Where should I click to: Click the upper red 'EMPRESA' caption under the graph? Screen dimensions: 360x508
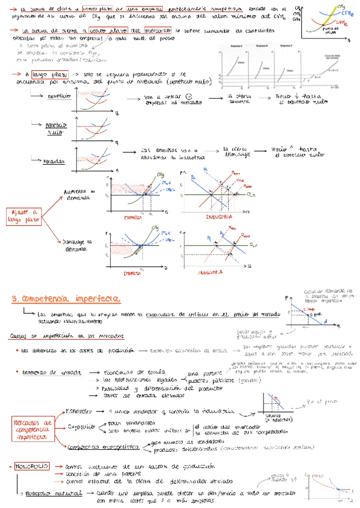132,217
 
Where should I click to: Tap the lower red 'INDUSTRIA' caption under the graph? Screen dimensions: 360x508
211,272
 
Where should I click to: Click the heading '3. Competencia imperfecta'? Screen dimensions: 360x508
67,298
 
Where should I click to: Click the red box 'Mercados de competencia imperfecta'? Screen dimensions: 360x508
34,430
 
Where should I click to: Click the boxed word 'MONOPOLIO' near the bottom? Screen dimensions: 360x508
31,465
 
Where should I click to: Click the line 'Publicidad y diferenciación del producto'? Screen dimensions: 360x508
139,388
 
